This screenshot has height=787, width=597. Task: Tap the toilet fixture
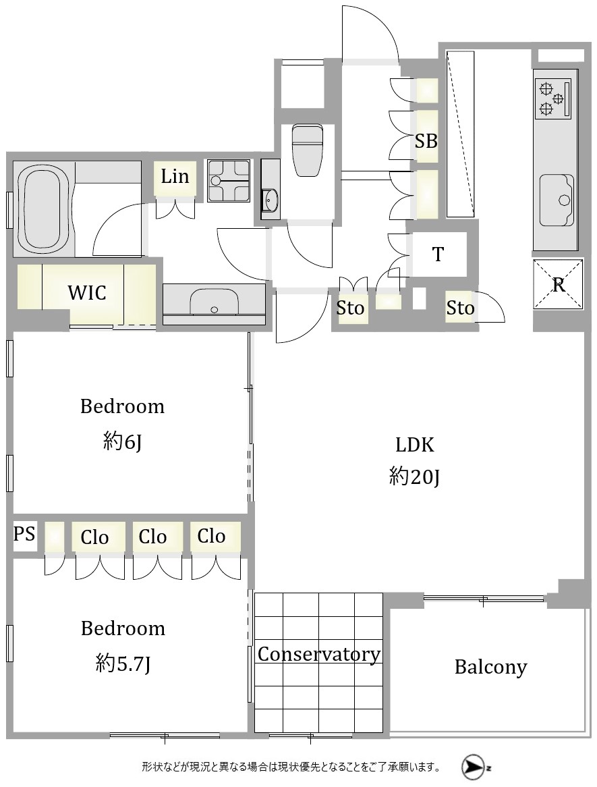coord(307,150)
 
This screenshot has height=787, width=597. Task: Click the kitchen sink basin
coord(557,200)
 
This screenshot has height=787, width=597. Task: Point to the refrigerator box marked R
coord(558,284)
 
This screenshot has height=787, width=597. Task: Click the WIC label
coord(87,292)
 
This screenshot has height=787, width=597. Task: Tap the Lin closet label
coord(175,176)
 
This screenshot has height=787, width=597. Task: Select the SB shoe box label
coord(426,141)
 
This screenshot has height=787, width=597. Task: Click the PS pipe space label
coord(24,533)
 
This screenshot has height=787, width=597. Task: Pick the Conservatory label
coord(319,655)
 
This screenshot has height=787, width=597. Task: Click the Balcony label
coord(490,667)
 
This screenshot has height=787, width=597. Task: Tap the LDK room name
coord(415,445)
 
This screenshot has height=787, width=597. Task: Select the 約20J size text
coord(414,477)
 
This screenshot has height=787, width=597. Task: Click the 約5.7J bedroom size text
coord(123,664)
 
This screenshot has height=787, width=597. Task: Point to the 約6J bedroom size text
coord(122,441)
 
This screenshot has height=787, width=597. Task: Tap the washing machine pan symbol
coord(229,181)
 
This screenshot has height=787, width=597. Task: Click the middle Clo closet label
coord(152,537)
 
